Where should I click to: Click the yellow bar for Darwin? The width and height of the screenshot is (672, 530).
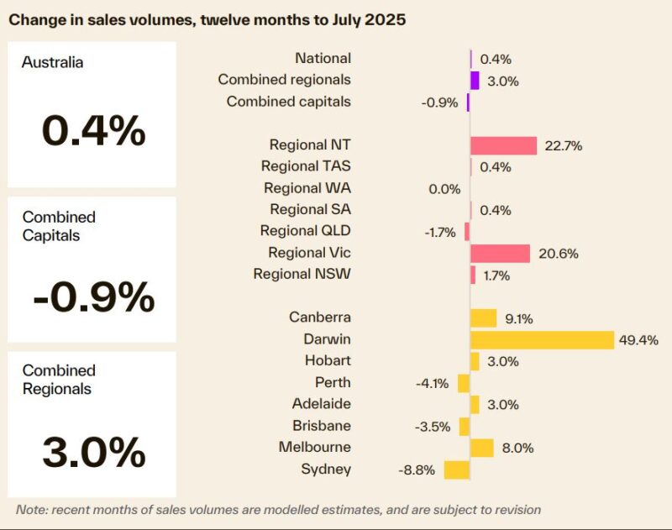pyautogui.click(x=542, y=339)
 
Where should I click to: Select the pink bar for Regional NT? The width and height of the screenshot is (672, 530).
pyautogui.click(x=503, y=145)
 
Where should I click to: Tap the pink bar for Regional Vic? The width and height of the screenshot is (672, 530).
pyautogui.click(x=500, y=254)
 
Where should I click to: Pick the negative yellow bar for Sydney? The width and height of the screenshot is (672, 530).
pyautogui.click(x=456, y=470)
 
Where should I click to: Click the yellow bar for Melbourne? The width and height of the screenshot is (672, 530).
pyautogui.click(x=481, y=448)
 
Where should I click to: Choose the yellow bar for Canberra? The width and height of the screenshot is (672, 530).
pyautogui.click(x=483, y=317)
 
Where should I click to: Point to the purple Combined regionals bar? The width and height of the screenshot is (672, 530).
pyautogui.click(x=475, y=81)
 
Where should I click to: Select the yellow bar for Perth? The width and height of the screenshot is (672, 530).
pyautogui.click(x=464, y=383)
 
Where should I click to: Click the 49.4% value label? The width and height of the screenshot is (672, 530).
pyautogui.click(x=639, y=340)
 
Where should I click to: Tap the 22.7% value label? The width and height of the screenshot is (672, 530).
pyautogui.click(x=563, y=145)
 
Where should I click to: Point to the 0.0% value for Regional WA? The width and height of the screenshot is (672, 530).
pyautogui.click(x=444, y=189)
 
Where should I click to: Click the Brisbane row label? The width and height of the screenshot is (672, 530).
pyautogui.click(x=322, y=426)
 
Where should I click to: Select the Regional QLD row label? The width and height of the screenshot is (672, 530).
pyautogui.click(x=305, y=231)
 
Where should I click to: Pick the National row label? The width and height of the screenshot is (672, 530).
pyautogui.click(x=323, y=58)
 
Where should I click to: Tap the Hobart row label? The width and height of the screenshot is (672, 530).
pyautogui.click(x=328, y=360)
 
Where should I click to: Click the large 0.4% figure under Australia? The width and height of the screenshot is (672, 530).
pyautogui.click(x=93, y=130)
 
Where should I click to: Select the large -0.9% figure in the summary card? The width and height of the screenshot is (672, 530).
pyautogui.click(x=93, y=296)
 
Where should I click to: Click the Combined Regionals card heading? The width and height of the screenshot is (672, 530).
pyautogui.click(x=59, y=380)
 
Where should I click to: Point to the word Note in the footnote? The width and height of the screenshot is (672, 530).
pyautogui.click(x=32, y=510)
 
